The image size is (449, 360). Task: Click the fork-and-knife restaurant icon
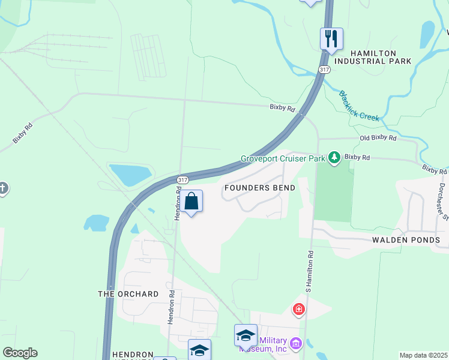click(331, 39)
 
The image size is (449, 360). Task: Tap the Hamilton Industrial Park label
click(373, 56)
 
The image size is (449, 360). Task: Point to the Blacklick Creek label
click(359, 106)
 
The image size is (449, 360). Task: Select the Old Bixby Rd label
click(378, 138)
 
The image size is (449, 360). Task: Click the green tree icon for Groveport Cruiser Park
click(334, 158)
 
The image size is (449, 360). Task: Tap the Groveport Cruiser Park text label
click(282, 159)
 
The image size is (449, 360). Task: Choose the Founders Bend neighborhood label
click(259, 188)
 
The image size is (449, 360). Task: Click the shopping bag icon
click(191, 202)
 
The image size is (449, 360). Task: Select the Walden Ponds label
click(406, 240)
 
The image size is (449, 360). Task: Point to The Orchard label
click(128, 294)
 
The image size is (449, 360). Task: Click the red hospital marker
click(298, 310)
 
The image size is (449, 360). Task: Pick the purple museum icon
click(295, 344)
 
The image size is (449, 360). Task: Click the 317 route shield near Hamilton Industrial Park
click(324, 70)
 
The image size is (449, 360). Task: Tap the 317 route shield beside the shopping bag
click(183, 179)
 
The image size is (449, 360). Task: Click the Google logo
click(20, 353)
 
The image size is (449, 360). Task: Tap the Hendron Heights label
click(125, 355)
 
